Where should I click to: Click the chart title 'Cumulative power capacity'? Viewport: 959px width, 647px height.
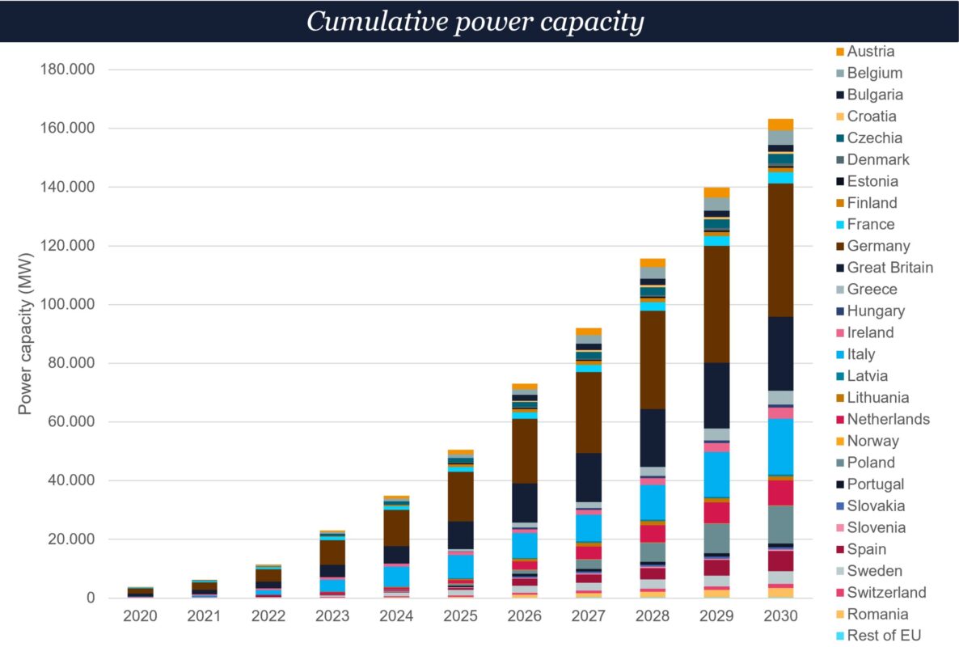(475, 21)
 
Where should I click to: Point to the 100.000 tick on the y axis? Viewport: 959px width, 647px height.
(68, 305)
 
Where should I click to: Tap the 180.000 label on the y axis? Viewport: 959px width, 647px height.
(68, 70)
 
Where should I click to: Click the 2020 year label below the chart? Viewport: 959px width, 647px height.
(140, 616)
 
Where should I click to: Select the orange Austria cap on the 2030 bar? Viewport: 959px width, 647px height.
(780, 124)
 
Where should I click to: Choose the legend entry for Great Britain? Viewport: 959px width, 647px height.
(889, 268)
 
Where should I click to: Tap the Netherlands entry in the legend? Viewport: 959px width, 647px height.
(888, 419)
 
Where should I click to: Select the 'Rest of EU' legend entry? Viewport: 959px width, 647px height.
(884, 636)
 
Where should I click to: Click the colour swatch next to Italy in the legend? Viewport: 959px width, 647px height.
(839, 354)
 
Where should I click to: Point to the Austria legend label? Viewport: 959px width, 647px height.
(870, 51)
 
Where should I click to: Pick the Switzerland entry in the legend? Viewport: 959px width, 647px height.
(886, 592)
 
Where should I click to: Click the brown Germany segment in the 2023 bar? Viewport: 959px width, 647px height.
(332, 552)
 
